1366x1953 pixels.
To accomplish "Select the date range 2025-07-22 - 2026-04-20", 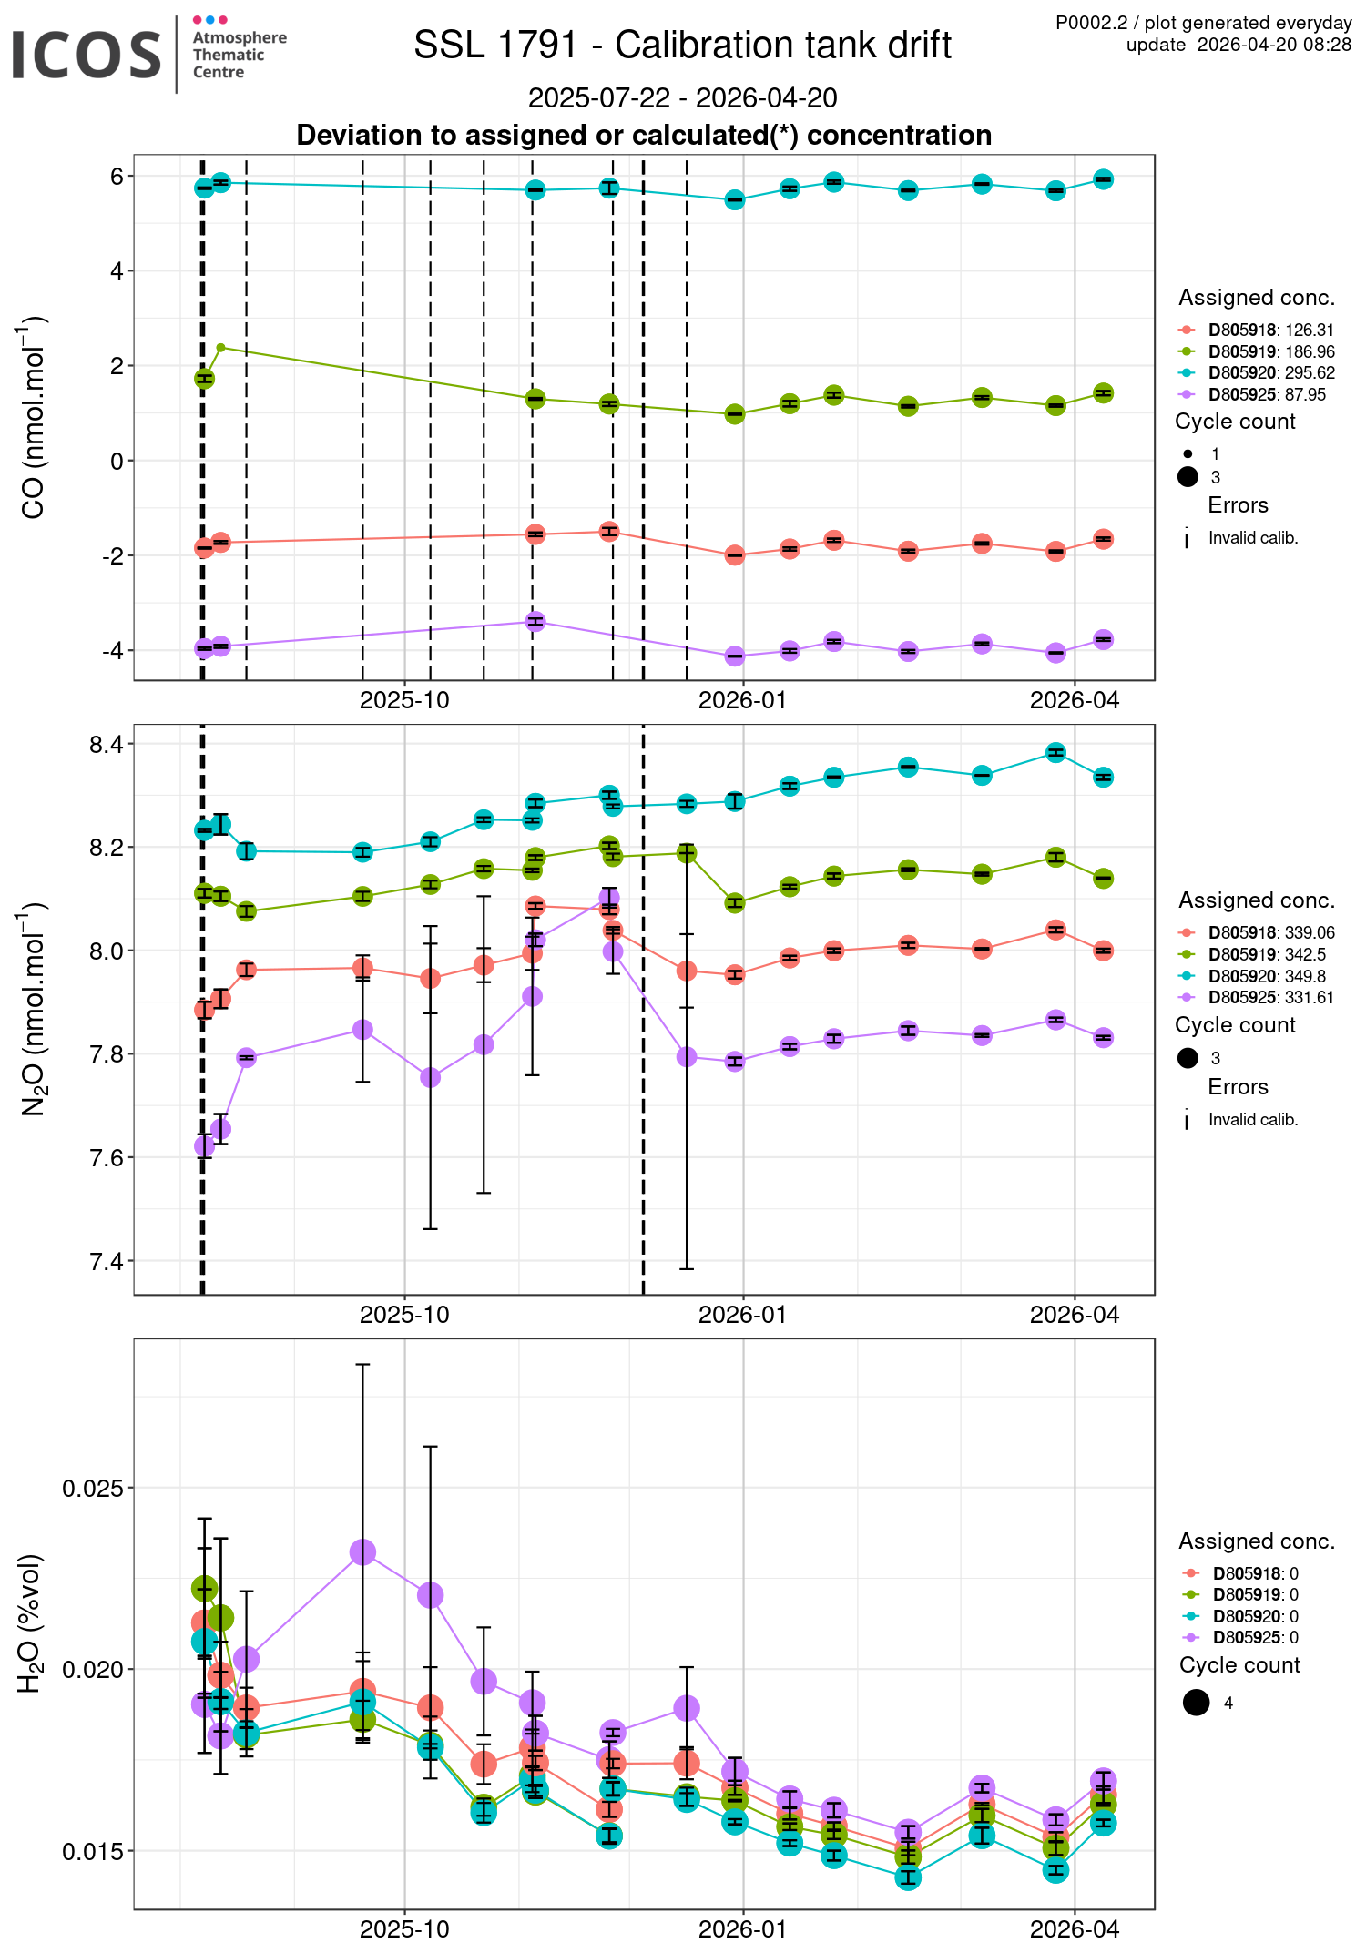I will coord(682,97).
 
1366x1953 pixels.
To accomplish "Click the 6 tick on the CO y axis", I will coord(117,176).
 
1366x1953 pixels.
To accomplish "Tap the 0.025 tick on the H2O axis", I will coord(94,1489).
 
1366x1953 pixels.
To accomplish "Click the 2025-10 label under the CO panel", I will coord(404,700).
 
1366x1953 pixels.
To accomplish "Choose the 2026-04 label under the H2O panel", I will coord(1075,1929).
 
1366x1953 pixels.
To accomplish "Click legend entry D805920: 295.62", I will coord(1271,373).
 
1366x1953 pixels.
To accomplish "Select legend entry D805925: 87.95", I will coord(1267,395).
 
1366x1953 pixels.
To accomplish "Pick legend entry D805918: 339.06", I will coord(1271,933).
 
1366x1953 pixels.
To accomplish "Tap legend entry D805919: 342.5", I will coord(1267,955).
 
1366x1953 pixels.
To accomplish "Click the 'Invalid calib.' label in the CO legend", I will coord(1253,538).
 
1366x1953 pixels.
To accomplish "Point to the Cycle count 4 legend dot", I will coord(1197,1703).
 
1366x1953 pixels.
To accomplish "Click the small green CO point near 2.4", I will coord(220,347).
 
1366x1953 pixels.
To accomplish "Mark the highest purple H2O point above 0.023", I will coord(362,1552).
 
